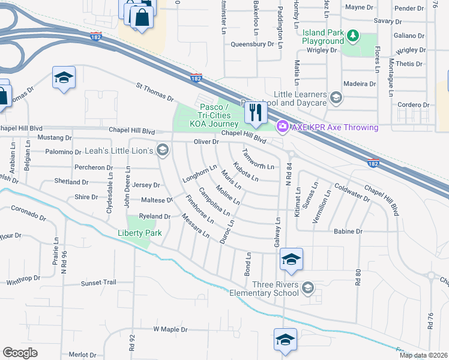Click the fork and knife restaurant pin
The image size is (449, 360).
pos(256,113)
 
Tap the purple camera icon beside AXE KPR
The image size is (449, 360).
pos(282,127)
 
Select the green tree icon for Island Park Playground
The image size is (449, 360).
pos(354,37)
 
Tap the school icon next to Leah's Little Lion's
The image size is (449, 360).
pos(162,149)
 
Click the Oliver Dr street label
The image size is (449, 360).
pos(206,142)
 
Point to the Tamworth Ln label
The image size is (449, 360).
pos(258,158)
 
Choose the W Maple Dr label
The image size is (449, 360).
pos(170,329)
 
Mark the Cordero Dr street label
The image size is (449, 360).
pos(414,104)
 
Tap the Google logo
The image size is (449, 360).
pos(20,353)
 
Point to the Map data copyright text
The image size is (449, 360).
pos(423,355)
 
